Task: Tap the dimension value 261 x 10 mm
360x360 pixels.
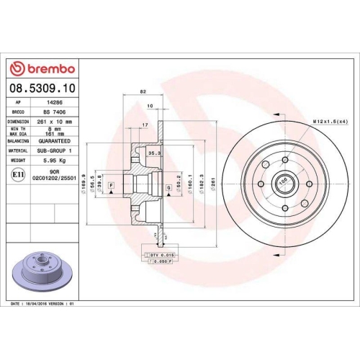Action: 56,122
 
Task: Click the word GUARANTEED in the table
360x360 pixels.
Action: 56,141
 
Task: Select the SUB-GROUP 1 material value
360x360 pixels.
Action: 56,150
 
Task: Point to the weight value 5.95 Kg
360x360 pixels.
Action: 56,161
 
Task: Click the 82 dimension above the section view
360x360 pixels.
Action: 143,92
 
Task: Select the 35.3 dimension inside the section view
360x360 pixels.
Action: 153,153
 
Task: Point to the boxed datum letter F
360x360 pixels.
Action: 112,186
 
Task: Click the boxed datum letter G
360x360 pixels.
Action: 168,188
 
